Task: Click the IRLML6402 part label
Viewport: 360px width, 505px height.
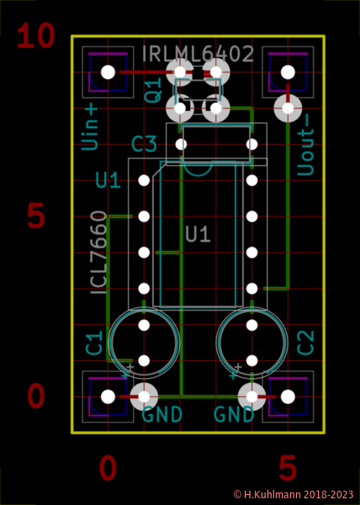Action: [x=199, y=55]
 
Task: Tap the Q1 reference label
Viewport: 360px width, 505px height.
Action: [x=153, y=91]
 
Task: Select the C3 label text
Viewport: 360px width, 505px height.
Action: [x=144, y=145]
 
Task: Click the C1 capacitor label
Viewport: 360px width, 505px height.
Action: [x=95, y=343]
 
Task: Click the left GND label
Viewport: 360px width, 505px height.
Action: [x=161, y=415]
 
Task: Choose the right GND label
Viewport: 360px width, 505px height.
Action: [x=234, y=415]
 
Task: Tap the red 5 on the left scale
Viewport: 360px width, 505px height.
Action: [x=35, y=216]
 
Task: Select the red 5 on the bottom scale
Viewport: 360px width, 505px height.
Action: [x=288, y=468]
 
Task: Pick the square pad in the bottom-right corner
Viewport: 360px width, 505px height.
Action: [x=288, y=396]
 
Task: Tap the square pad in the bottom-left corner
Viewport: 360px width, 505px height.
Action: [x=108, y=396]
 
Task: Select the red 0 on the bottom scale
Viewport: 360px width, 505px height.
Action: [x=108, y=468]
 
